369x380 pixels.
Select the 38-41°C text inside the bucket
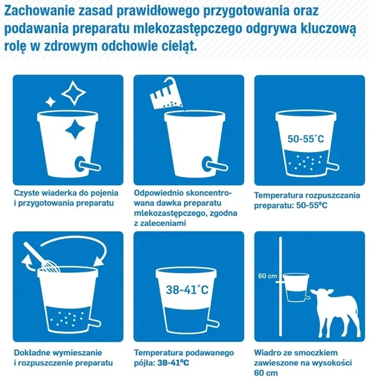(183, 290)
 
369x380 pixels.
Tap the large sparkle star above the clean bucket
(74, 92)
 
